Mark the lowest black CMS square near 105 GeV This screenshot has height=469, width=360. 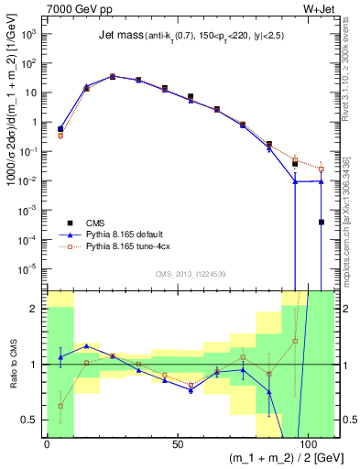point(321,222)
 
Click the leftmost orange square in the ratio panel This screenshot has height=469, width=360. point(60,405)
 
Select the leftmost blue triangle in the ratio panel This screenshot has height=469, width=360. point(60,356)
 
